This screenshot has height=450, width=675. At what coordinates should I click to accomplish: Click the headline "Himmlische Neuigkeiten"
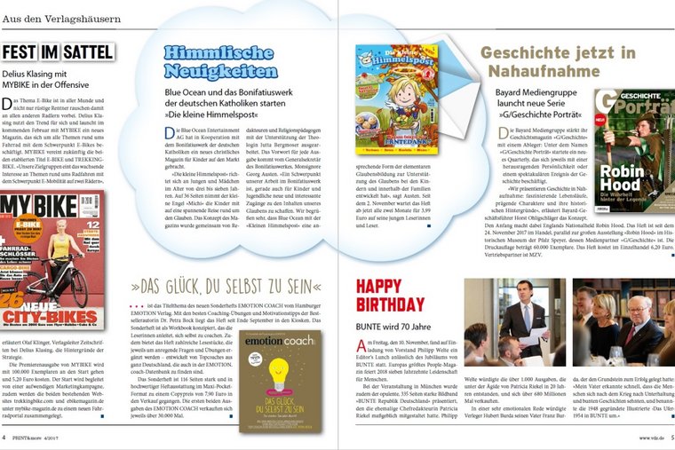[220, 63]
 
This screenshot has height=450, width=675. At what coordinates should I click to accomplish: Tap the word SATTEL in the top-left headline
[87, 52]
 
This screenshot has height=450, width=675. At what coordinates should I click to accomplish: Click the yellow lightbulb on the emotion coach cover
[278, 373]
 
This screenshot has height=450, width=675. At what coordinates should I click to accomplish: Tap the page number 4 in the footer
[5, 438]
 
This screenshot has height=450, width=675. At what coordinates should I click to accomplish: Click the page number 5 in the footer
[670, 438]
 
